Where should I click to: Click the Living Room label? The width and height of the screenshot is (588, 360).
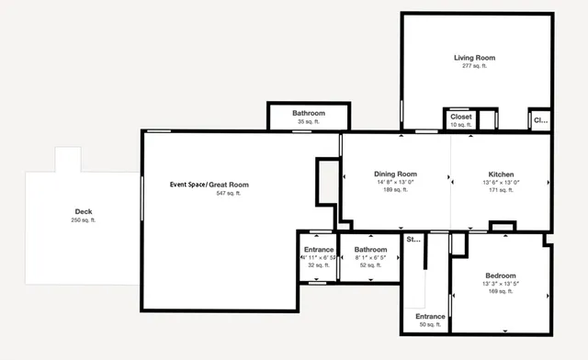pyautogui.click(x=474, y=58)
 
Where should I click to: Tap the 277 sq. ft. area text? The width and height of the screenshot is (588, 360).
pyautogui.click(x=474, y=66)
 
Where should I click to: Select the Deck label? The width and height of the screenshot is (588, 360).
pyautogui.click(x=84, y=211)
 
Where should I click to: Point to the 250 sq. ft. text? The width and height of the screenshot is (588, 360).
pyautogui.click(x=84, y=220)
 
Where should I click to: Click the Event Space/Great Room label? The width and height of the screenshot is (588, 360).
pyautogui.click(x=209, y=185)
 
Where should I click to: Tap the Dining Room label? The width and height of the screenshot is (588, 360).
pyautogui.click(x=395, y=174)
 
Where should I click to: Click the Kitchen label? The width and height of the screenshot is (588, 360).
pyautogui.click(x=501, y=174)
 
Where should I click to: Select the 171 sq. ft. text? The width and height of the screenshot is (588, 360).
pyautogui.click(x=501, y=190)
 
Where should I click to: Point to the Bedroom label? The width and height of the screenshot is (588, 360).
pyautogui.click(x=501, y=276)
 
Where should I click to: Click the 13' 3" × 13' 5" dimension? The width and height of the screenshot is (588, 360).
pyautogui.click(x=501, y=284)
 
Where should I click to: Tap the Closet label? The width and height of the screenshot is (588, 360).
pyautogui.click(x=461, y=117)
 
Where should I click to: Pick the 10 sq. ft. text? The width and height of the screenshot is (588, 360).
pyautogui.click(x=461, y=125)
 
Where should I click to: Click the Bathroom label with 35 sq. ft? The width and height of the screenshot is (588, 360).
pyautogui.click(x=309, y=113)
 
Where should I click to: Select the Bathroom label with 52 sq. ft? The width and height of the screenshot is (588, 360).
pyautogui.click(x=371, y=249)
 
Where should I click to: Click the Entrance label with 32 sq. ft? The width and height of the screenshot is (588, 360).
pyautogui.click(x=319, y=249)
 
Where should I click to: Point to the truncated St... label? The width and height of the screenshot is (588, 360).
pyautogui.click(x=413, y=240)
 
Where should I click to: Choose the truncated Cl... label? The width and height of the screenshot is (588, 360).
pyautogui.click(x=539, y=119)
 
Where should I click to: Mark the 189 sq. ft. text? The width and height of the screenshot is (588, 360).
pyautogui.click(x=395, y=190)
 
